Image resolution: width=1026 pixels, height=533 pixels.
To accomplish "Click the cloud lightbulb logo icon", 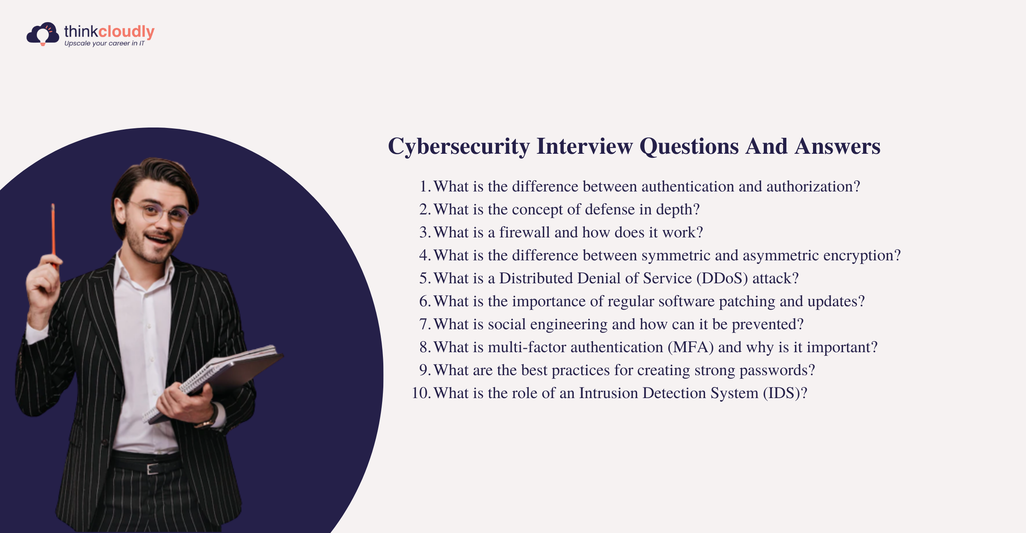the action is (43, 34).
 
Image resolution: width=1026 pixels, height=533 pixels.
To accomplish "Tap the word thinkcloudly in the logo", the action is (109, 32).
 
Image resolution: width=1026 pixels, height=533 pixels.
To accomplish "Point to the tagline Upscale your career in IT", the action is (104, 43).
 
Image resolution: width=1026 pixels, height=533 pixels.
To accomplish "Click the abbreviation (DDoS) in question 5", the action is (722, 278).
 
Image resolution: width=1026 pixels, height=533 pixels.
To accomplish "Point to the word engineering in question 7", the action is (569, 325).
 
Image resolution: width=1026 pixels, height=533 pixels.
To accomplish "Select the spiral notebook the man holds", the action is (213, 383).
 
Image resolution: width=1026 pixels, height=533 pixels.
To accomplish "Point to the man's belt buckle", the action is (153, 468).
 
